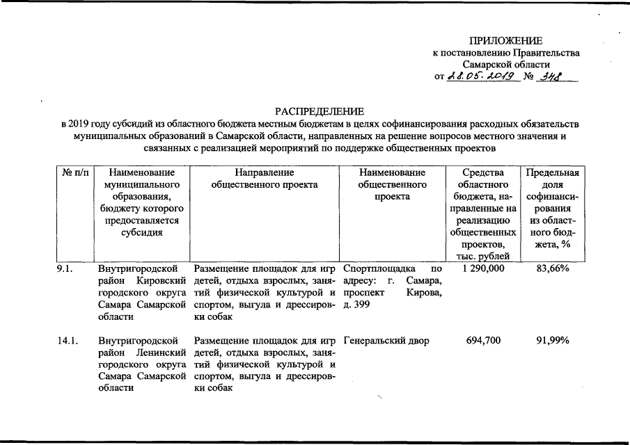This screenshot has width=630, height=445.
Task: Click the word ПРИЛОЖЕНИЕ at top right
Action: click(x=505, y=40)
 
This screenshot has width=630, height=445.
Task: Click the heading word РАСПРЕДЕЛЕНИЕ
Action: click(x=319, y=111)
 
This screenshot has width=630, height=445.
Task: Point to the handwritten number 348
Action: click(x=549, y=76)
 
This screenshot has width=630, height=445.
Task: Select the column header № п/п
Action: click(x=73, y=172)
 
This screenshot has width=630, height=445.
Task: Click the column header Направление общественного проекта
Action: click(x=264, y=178)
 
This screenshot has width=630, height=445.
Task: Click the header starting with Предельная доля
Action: click(x=554, y=208)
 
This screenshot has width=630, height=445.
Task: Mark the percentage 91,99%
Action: click(x=554, y=341)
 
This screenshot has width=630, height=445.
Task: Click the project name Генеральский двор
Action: click(x=386, y=341)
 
